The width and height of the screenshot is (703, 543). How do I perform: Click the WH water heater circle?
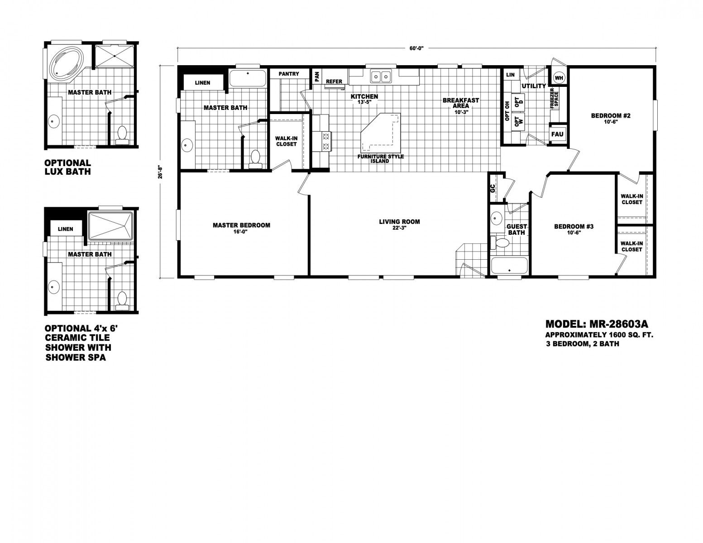(559, 78)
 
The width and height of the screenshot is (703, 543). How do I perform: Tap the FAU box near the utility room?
(557, 134)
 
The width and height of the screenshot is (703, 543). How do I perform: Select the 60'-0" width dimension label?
(416, 48)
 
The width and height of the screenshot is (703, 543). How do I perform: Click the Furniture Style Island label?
(380, 159)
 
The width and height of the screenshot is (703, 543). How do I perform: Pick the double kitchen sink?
(381, 76)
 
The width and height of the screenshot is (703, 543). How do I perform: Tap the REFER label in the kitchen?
(334, 82)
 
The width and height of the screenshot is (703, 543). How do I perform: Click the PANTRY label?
(289, 74)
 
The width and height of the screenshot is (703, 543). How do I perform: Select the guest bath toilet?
(498, 243)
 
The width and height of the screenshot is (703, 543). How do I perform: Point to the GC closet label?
(493, 188)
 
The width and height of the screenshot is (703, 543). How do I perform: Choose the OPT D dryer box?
(517, 102)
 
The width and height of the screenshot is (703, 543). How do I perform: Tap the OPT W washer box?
(517, 121)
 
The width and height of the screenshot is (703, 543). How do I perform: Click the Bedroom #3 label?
(574, 226)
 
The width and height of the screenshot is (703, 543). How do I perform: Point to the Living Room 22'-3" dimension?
(399, 228)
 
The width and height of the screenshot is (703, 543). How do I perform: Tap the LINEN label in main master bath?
(202, 83)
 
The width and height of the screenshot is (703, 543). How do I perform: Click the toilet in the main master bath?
(255, 159)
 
